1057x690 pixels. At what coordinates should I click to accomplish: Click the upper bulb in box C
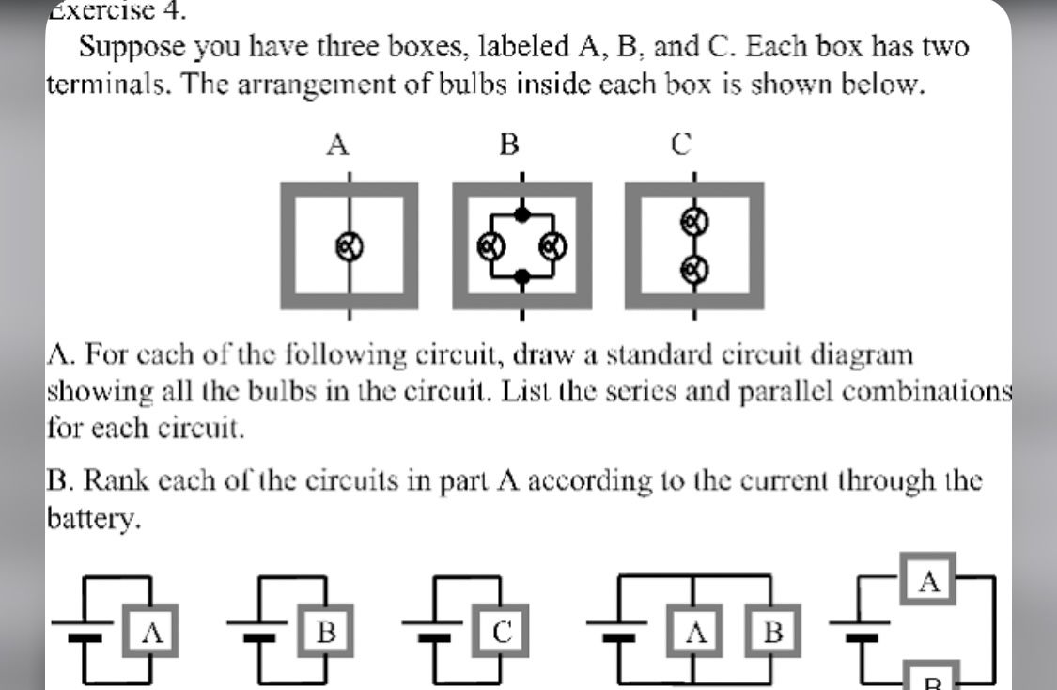[x=694, y=222]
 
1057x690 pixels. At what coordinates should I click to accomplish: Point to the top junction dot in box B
[x=523, y=213]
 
